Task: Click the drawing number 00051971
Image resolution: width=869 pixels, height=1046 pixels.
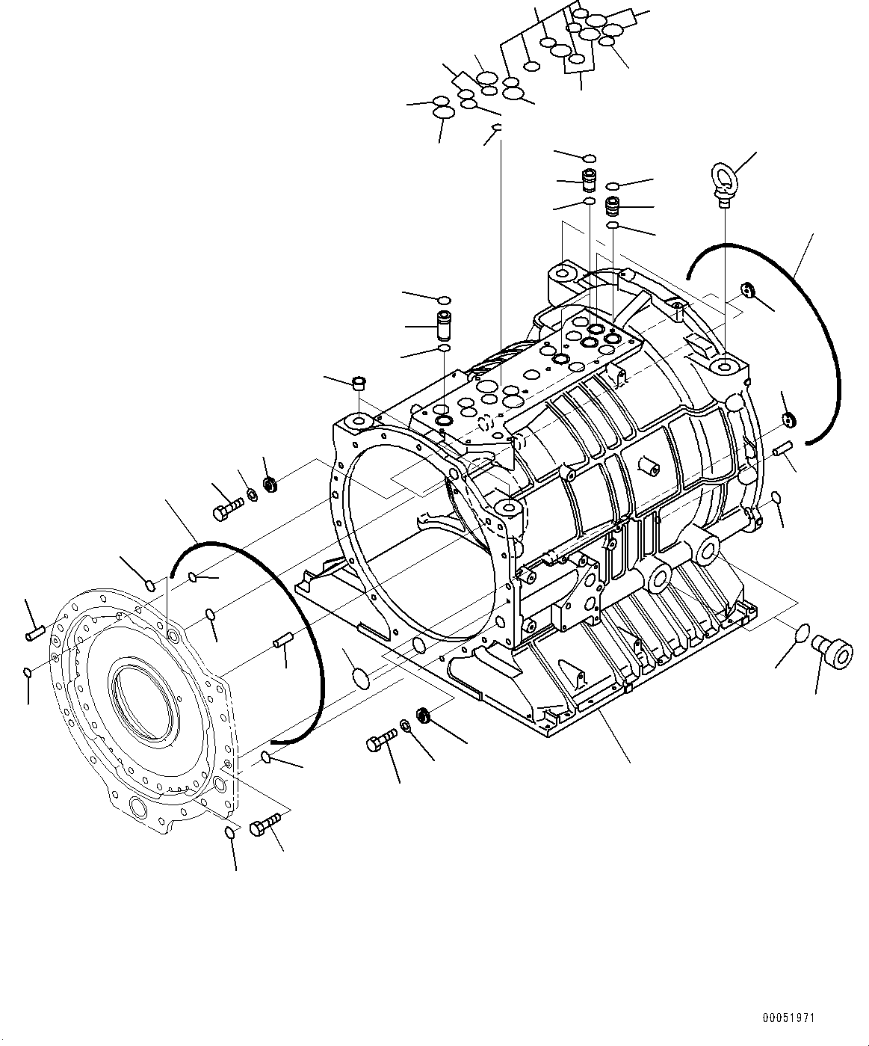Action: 789,1018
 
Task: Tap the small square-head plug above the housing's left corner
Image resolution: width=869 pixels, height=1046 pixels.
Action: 359,384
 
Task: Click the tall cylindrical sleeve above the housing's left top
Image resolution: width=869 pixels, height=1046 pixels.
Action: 444,325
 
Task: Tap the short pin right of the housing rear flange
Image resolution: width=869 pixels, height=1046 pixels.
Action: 782,449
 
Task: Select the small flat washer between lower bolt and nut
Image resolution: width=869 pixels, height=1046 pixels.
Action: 404,724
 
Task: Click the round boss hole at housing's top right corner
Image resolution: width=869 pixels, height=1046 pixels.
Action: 726,367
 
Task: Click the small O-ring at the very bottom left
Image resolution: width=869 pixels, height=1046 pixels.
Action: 231,832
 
